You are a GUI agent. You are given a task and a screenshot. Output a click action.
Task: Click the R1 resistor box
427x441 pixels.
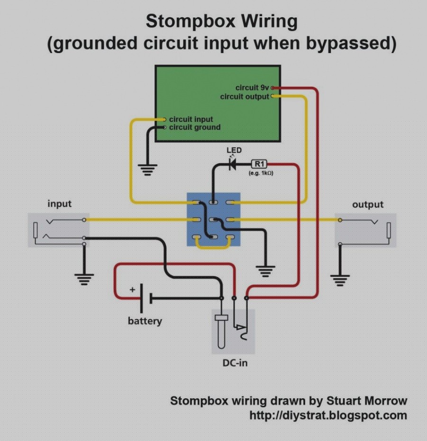point(259,164)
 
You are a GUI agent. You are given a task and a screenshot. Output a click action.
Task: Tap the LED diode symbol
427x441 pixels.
point(232,164)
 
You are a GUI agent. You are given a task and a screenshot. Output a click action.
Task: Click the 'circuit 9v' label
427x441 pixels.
point(252,88)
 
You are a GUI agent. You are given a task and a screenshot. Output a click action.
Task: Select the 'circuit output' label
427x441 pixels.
point(245,97)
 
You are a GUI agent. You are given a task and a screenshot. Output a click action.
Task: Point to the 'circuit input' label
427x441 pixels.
point(191,119)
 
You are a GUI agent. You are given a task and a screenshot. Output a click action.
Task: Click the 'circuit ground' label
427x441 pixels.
point(195,127)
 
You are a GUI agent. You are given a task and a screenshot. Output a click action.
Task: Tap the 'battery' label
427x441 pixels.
point(145,321)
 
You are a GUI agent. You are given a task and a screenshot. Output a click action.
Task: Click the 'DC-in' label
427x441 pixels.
point(235,363)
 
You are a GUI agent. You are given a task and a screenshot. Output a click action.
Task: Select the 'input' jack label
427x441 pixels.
point(59,203)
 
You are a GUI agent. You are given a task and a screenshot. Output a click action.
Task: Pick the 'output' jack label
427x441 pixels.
point(368,204)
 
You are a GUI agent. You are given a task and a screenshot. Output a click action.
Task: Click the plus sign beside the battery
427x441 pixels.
point(132,289)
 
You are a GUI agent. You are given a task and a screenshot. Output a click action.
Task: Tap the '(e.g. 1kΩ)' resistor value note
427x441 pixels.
point(261,173)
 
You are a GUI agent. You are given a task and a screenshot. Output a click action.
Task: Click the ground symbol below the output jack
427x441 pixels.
point(340,280)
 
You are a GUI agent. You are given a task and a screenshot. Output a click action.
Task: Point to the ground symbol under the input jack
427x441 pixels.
point(84,279)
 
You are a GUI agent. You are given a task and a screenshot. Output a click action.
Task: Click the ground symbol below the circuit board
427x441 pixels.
point(147,170)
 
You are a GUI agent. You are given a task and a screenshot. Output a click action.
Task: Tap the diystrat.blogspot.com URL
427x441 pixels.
point(328,415)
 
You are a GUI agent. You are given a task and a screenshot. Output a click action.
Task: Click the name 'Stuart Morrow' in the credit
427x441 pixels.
point(366,401)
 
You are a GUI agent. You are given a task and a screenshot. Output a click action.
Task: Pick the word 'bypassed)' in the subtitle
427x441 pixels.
point(351,44)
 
